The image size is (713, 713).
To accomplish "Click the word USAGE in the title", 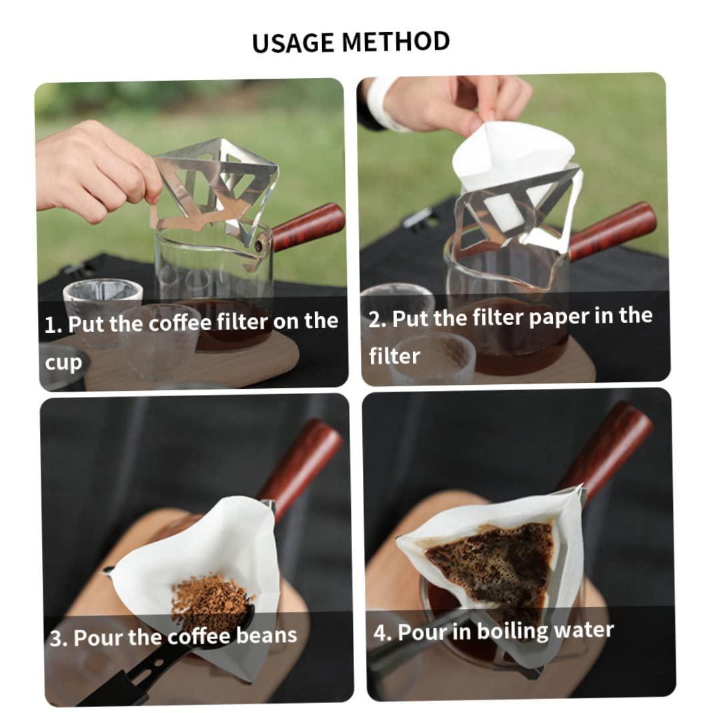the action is point(293,43).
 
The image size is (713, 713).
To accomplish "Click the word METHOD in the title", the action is point(396,41).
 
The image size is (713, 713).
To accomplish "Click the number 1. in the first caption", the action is point(53,325).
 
